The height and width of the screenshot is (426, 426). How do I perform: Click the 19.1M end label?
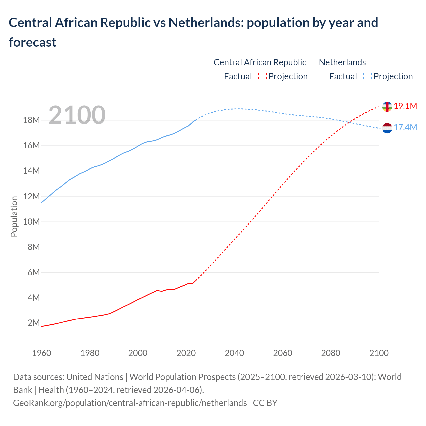(x=405, y=106)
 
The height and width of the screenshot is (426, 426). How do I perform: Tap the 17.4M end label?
(x=405, y=128)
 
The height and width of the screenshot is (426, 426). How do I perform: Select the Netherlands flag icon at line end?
(x=387, y=128)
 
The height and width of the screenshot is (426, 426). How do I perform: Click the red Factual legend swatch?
(x=218, y=76)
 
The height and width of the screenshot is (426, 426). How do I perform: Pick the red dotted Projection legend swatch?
(x=262, y=76)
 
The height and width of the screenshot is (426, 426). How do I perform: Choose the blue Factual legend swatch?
(x=323, y=76)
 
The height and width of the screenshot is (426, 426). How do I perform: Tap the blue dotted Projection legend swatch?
(x=367, y=76)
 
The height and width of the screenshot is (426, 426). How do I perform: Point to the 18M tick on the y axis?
(x=31, y=120)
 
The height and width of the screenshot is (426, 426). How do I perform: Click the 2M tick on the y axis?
(x=34, y=323)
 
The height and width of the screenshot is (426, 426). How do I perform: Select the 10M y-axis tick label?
(x=31, y=222)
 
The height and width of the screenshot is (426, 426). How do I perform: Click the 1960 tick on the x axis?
(x=42, y=353)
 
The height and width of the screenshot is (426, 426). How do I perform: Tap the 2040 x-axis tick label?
(x=234, y=353)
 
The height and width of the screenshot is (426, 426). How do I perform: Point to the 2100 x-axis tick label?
(x=379, y=353)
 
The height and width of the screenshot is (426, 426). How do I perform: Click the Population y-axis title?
(x=14, y=216)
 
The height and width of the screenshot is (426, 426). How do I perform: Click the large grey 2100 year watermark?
(x=77, y=115)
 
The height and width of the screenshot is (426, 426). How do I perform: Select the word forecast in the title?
(x=33, y=42)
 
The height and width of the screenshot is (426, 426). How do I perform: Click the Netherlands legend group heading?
(x=342, y=62)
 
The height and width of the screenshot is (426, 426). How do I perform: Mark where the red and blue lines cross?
(x=348, y=122)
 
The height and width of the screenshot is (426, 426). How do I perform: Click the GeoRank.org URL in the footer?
(x=130, y=403)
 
